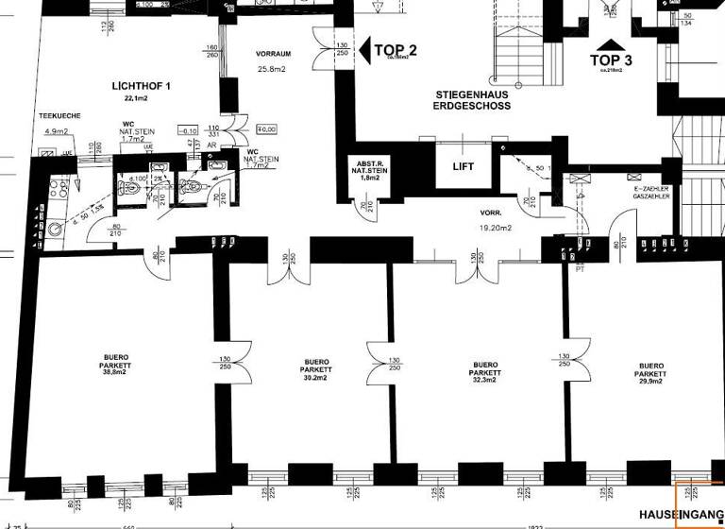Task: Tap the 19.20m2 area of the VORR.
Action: pos(495,228)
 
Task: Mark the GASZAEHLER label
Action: pos(651,197)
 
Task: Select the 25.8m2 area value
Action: pos(274,69)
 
